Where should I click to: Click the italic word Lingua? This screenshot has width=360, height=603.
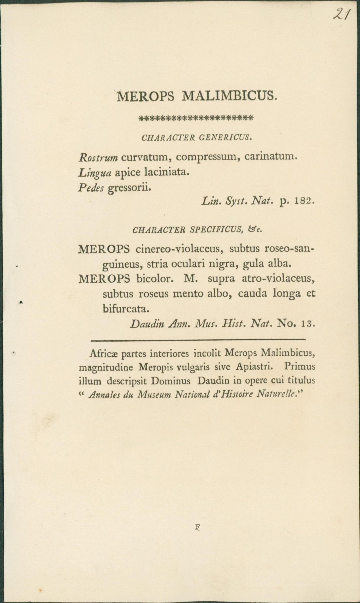[x=94, y=173]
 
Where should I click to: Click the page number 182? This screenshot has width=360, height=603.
[x=305, y=202]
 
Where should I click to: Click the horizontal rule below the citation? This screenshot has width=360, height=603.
[x=198, y=340]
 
